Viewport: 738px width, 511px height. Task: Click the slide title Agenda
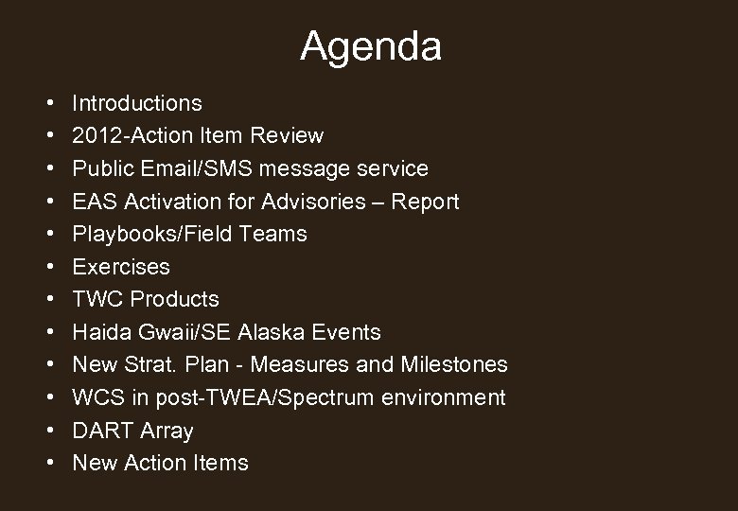tap(370, 46)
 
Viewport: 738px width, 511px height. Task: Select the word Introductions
tap(137, 102)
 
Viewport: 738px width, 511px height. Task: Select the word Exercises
tap(121, 267)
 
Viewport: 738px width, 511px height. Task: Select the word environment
tap(445, 397)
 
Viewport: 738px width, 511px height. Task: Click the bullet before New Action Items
tap(47, 464)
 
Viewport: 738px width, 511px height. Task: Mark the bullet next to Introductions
tap(47, 102)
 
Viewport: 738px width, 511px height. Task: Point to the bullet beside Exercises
tap(47, 267)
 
